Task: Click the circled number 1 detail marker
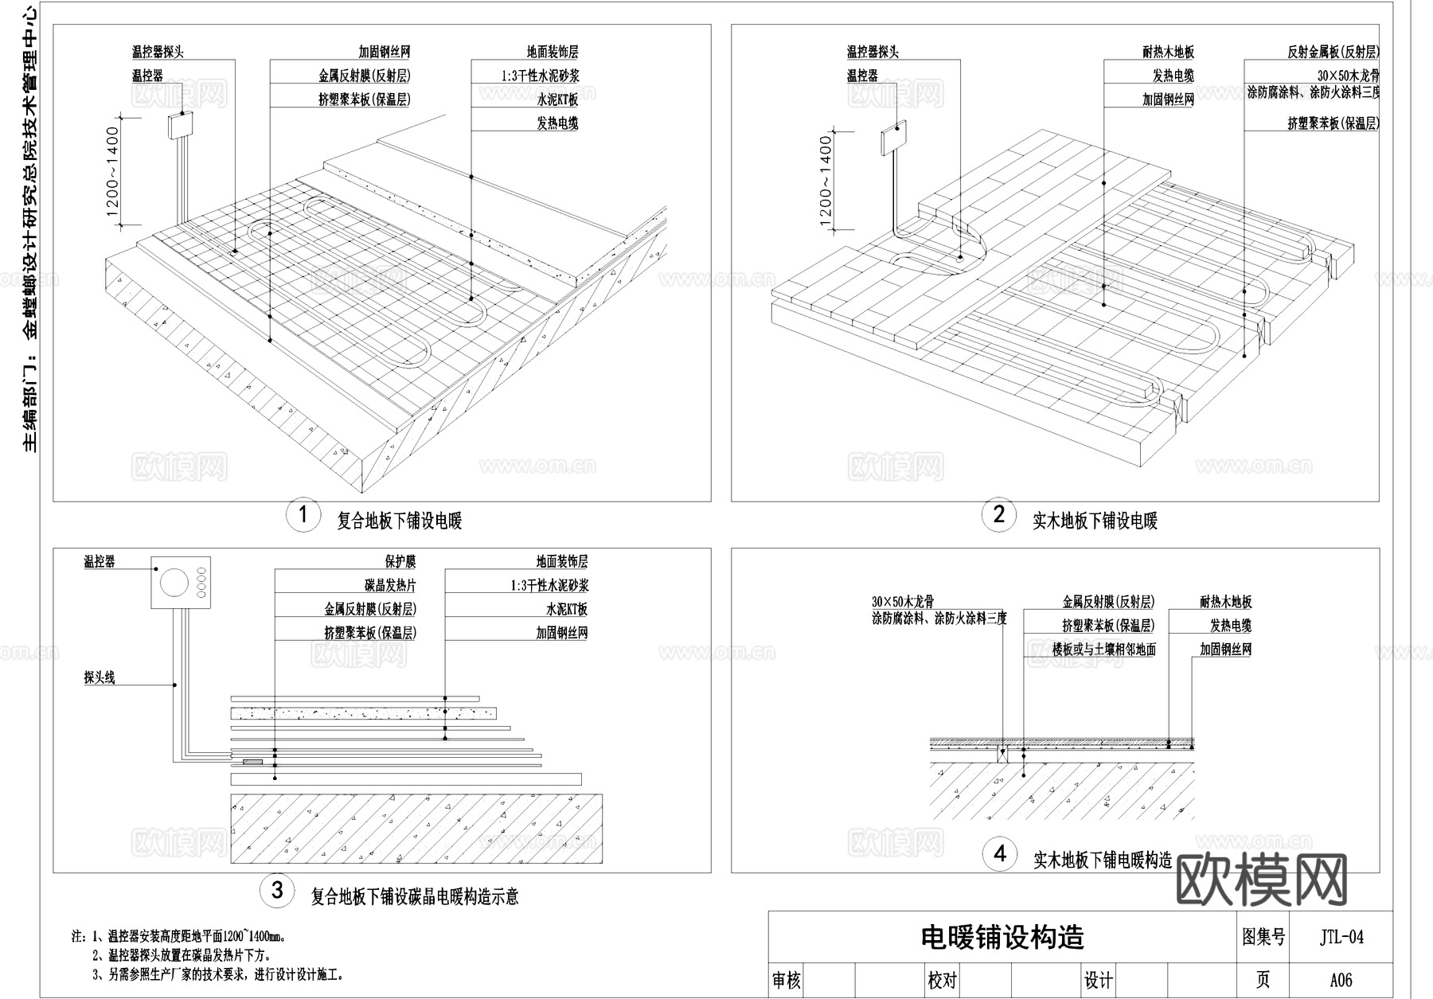(303, 516)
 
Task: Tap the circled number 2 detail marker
(998, 515)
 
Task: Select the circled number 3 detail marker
(276, 890)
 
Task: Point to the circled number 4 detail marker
(1000, 854)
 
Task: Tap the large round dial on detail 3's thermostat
(174, 582)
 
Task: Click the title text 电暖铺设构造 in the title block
(1002, 937)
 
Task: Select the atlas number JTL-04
(1341, 937)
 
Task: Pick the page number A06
(1341, 980)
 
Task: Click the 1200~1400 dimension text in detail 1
(112, 172)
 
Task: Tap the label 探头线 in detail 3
(100, 677)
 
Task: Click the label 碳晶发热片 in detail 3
(390, 586)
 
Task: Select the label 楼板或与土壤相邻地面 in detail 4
(1103, 650)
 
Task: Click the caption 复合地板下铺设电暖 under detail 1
(399, 521)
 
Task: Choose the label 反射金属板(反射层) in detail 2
(1333, 53)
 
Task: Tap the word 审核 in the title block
(786, 980)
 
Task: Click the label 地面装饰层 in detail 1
(553, 53)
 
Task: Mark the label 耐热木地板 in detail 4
(1225, 603)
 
